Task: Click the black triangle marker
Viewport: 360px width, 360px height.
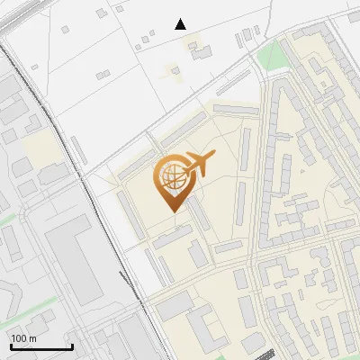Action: point(181,24)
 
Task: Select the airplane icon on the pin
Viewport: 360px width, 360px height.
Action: point(198,165)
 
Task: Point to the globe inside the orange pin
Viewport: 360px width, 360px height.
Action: point(170,178)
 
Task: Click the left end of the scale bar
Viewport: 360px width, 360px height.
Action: point(11,347)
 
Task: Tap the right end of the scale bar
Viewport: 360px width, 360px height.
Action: point(72,347)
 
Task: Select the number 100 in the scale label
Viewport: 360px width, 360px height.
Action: point(19,338)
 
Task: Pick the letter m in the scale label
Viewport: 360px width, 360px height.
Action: point(32,338)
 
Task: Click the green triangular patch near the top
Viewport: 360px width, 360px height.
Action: point(270,56)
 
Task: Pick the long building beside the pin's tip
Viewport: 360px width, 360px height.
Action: point(196,212)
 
